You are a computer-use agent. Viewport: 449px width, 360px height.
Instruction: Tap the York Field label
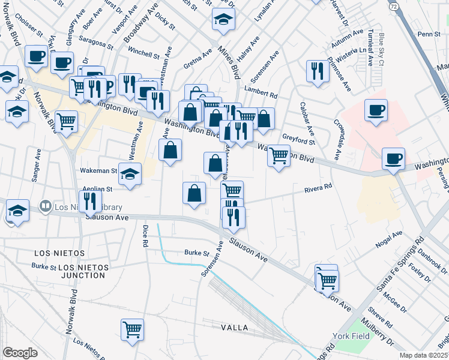[352, 336]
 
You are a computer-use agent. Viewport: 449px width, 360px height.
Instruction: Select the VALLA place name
[235, 328]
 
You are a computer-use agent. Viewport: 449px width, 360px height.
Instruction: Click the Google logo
[20, 353]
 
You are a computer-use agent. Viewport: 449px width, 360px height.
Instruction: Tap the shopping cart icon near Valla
[132, 329]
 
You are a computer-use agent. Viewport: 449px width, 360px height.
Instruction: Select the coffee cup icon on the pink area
[376, 110]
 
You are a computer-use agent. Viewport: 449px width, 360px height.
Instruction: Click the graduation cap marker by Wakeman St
[130, 174]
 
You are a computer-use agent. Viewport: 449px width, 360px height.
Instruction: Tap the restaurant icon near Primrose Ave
[316, 71]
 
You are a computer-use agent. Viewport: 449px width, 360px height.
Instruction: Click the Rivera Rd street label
[318, 190]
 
